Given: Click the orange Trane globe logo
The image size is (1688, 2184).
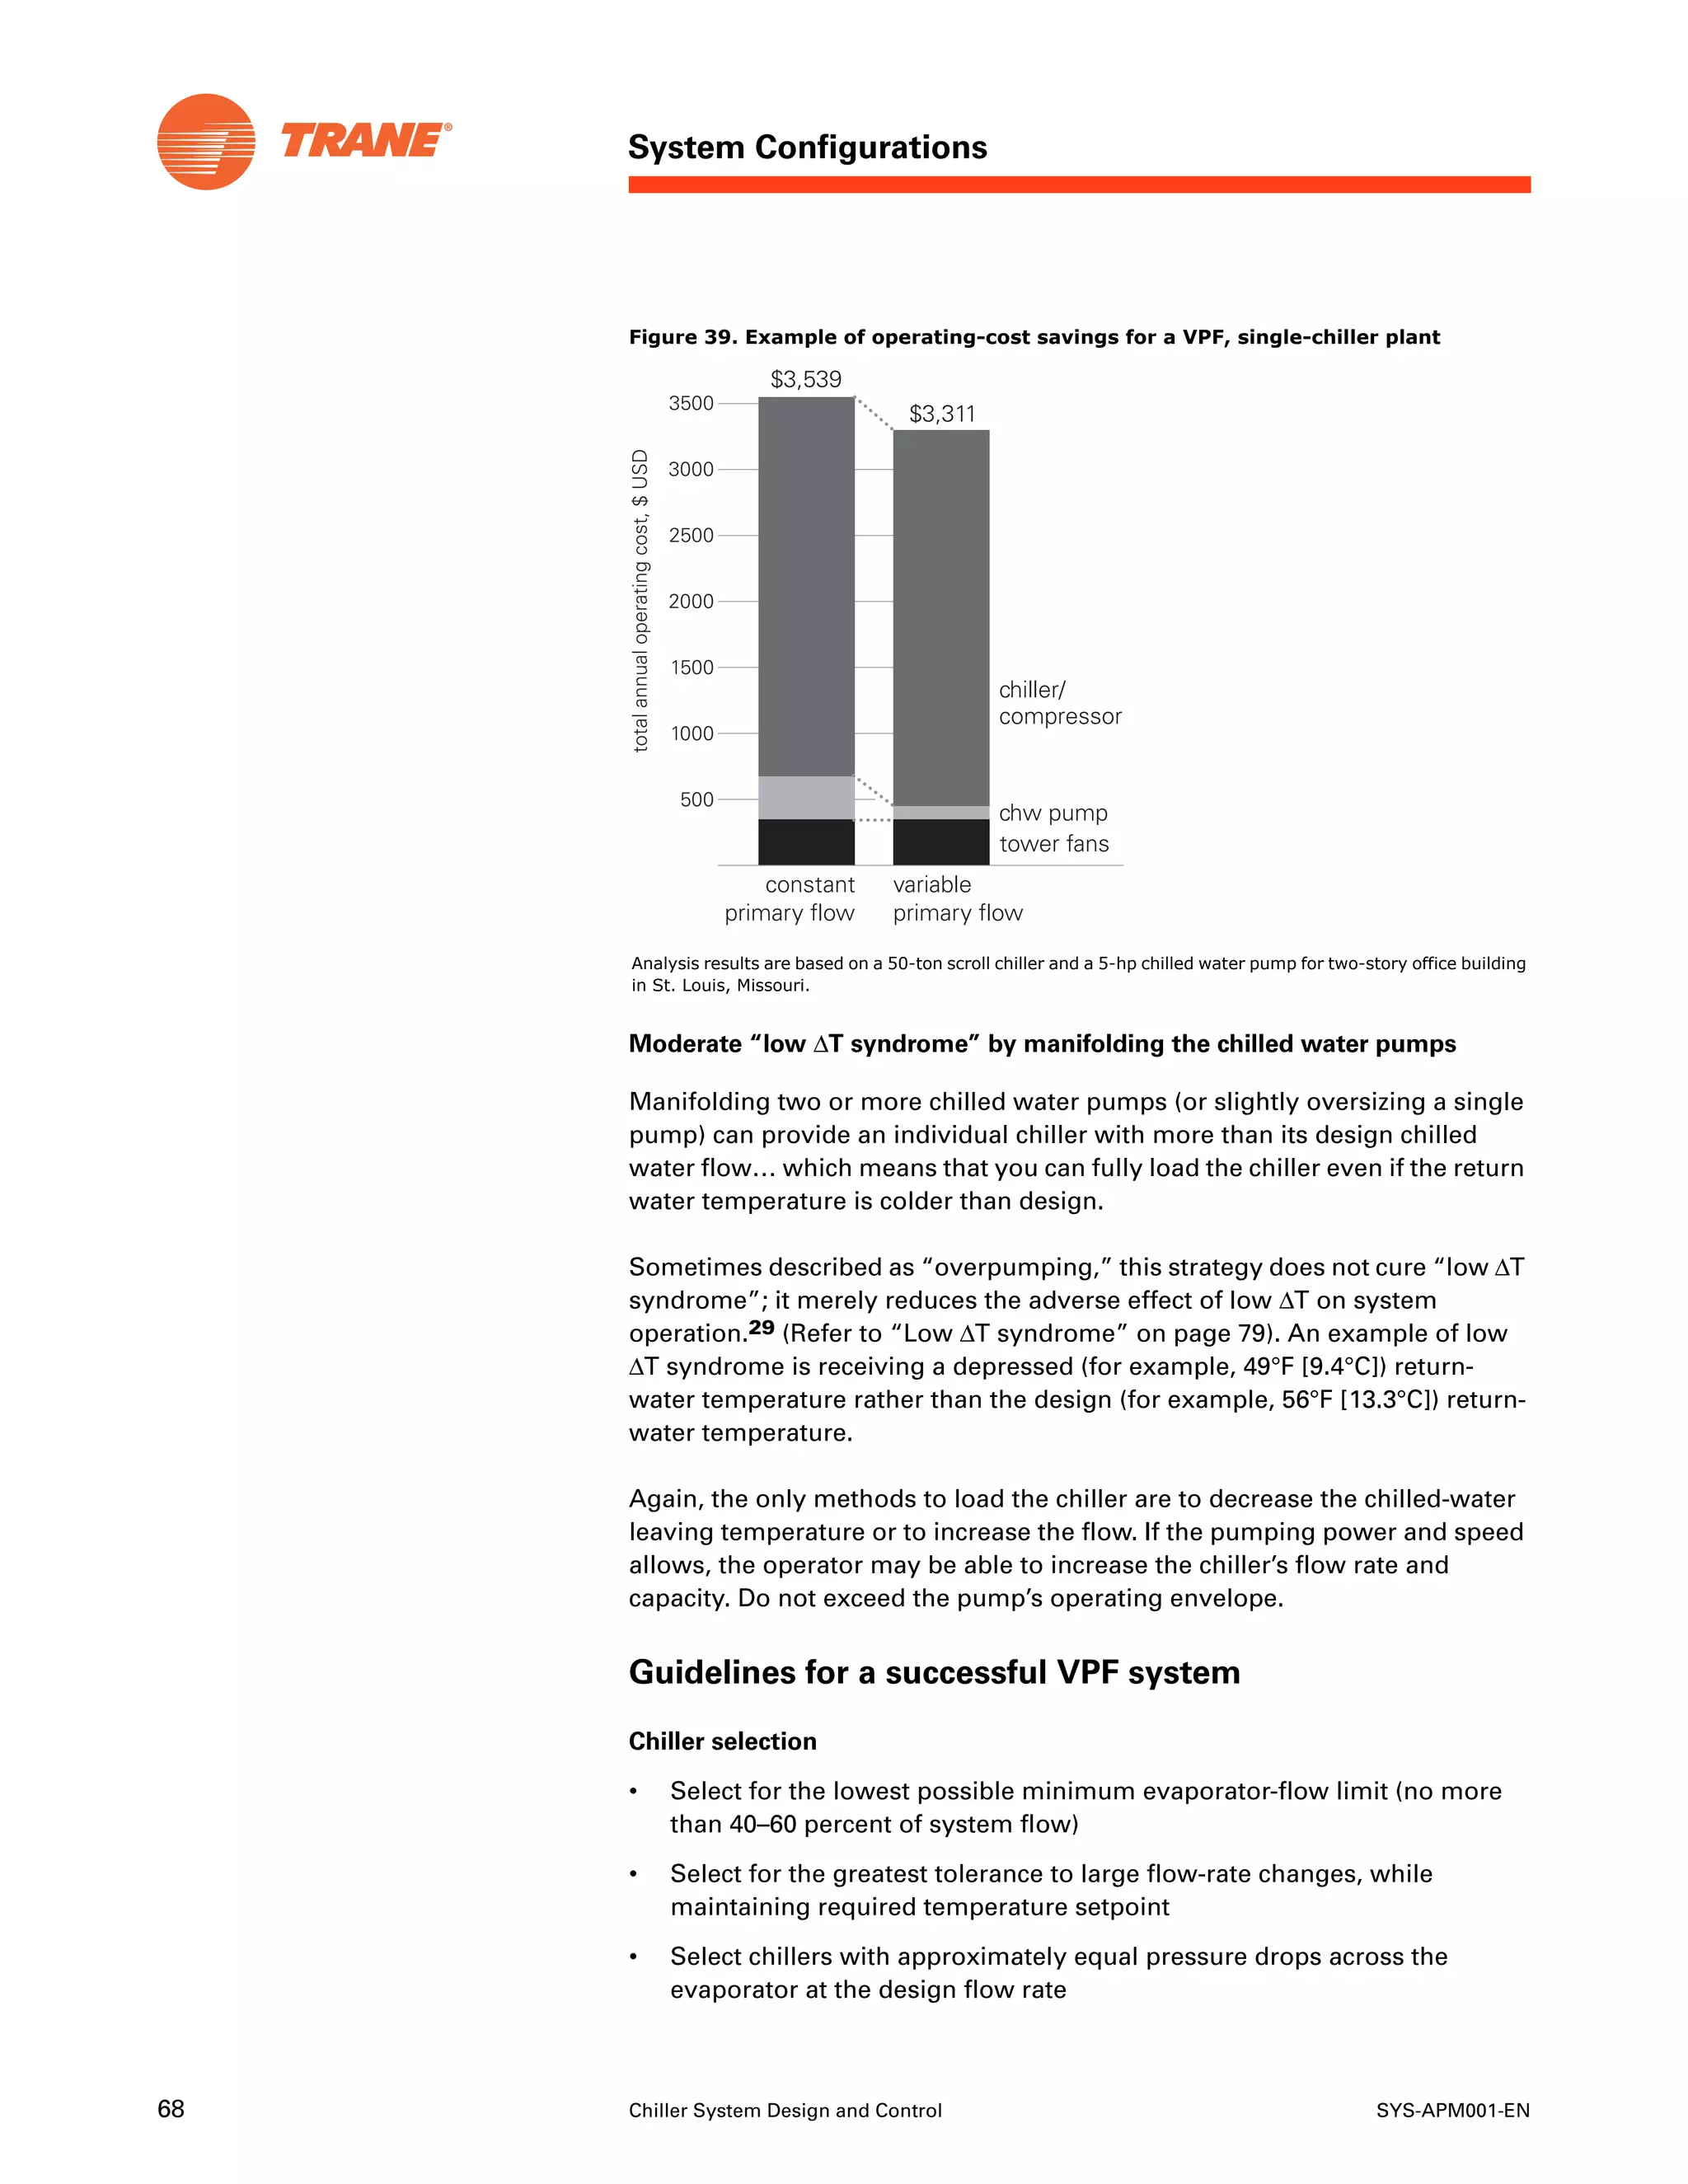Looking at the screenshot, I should (x=206, y=141).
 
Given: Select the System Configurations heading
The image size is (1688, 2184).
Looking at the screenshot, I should (x=807, y=147).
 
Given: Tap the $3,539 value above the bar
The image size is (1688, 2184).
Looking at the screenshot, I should (x=806, y=379).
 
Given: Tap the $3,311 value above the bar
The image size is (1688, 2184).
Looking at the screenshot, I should (x=941, y=413).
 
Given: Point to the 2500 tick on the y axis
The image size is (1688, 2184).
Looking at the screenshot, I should (x=691, y=535).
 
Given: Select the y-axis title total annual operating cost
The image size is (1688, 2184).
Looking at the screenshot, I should (x=640, y=600).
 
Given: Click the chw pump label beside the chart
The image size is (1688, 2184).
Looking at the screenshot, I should (x=1053, y=813).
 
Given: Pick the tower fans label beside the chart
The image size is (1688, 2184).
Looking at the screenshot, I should (x=1054, y=844).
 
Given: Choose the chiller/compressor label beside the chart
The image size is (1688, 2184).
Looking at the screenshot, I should (x=1059, y=703).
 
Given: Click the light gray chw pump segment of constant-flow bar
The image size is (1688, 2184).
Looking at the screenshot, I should (x=806, y=797).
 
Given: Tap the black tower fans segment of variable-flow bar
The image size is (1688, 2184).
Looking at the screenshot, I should (x=941, y=842).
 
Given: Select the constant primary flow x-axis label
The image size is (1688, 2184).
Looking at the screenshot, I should (x=790, y=898).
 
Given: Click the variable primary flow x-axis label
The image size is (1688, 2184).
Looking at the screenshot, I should (x=957, y=898).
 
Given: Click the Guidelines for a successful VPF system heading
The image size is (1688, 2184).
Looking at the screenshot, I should (x=934, y=1672).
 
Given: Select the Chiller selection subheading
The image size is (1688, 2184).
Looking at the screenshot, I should (x=722, y=1741).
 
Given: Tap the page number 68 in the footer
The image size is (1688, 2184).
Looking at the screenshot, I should (x=171, y=2109).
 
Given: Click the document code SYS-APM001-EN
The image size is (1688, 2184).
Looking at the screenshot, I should (x=1452, y=2110).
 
